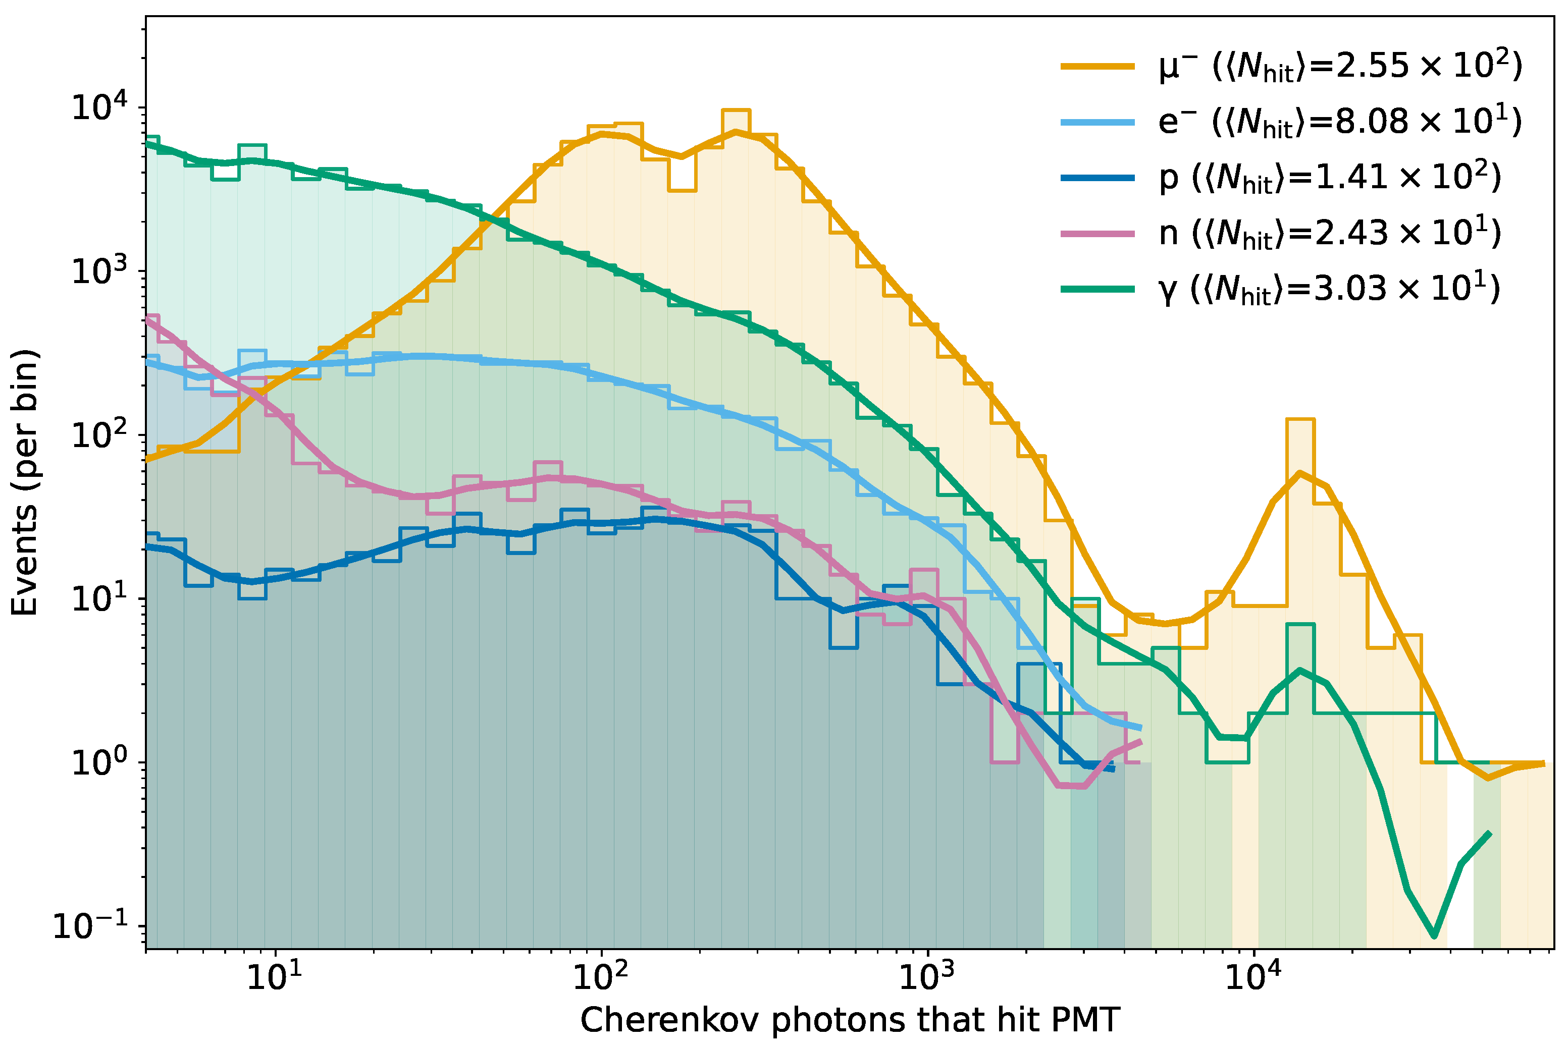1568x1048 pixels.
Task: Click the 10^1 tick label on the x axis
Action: tap(274, 978)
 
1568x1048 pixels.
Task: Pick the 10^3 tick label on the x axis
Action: tap(926, 978)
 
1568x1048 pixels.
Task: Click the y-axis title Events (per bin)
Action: tap(25, 481)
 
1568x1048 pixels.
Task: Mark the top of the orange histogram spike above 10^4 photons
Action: tap(1300, 420)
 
